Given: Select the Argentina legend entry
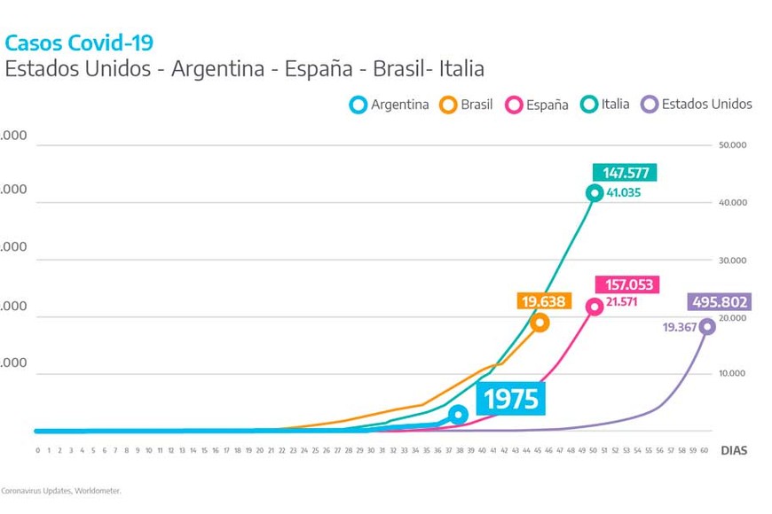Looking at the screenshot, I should coord(390,105).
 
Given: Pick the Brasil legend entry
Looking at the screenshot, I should coord(467,105).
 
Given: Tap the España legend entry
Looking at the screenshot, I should coord(537,105).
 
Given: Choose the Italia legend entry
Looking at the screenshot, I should coord(606,105).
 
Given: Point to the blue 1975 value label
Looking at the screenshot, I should coord(510,399).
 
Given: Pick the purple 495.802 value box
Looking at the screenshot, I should coord(719,302).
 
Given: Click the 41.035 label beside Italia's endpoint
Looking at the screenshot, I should coord(624,192).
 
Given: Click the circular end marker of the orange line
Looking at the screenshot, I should coord(540,323).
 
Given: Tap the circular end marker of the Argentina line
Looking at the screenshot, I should coord(458,415).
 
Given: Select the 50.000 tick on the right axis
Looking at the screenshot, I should coord(732,144).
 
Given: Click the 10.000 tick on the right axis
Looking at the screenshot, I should coord(732,374).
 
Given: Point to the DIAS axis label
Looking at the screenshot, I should coord(734,450).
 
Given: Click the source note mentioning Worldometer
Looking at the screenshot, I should coord(60,490).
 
